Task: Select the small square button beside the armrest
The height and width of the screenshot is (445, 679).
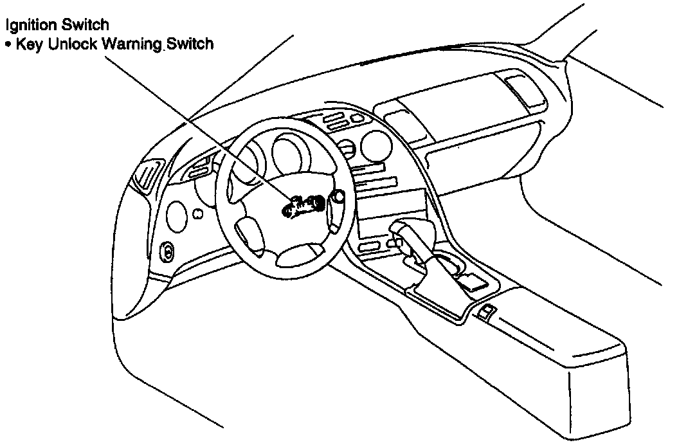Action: pos(486,313)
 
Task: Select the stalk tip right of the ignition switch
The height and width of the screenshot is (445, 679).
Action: pos(336,195)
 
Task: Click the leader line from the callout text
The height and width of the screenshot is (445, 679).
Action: pos(193,122)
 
